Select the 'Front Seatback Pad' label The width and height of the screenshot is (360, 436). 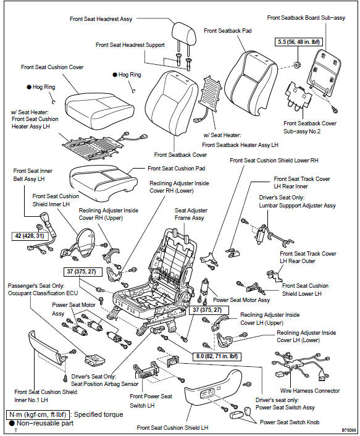click(227, 30)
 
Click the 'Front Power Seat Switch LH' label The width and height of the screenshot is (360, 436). click(151, 400)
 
